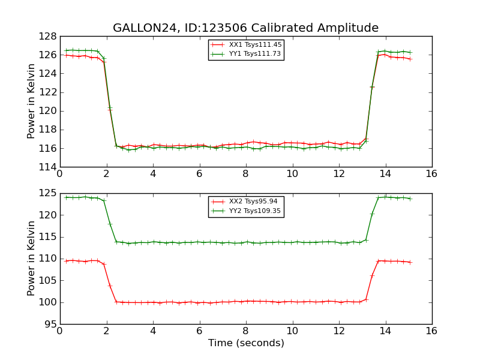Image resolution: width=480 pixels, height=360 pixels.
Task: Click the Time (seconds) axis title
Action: [x=246, y=343]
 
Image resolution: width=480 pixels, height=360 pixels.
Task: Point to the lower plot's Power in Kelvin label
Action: [x=32, y=258]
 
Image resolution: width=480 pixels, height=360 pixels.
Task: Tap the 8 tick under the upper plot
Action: [x=246, y=174]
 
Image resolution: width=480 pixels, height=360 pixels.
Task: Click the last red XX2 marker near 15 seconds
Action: [x=410, y=262]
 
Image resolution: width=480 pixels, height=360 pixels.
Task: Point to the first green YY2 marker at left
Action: [x=66, y=197]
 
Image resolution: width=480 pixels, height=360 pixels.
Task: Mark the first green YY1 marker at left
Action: [x=66, y=50]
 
